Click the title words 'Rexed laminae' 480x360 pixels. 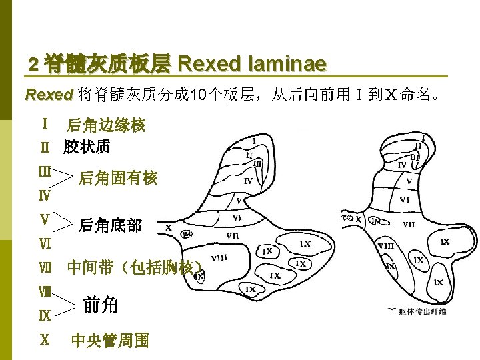click(253, 64)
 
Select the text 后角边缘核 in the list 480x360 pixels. click(105, 125)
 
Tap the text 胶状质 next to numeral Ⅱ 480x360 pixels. click(87, 147)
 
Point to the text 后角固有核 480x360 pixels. click(118, 178)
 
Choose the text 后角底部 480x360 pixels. click(110, 225)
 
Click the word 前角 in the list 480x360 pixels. click(101, 305)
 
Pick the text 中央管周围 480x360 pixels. click(110, 341)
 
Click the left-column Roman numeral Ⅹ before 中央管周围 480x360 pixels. click(45, 339)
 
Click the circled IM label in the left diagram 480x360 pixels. click(187, 233)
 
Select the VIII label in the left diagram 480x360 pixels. click(219, 258)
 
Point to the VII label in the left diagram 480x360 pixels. click(233, 235)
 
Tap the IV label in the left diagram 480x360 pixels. click(248, 181)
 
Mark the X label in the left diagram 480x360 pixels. click(168, 227)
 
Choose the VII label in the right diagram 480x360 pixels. click(408, 225)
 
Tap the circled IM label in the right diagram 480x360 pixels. click(376, 221)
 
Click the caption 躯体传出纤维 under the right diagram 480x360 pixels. click(423, 311)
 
